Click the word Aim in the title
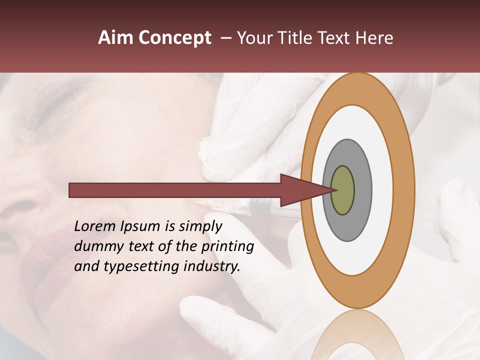[x=115, y=38]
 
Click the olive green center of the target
[x=343, y=190]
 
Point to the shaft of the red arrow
[x=175, y=190]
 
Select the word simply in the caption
[x=200, y=226]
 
